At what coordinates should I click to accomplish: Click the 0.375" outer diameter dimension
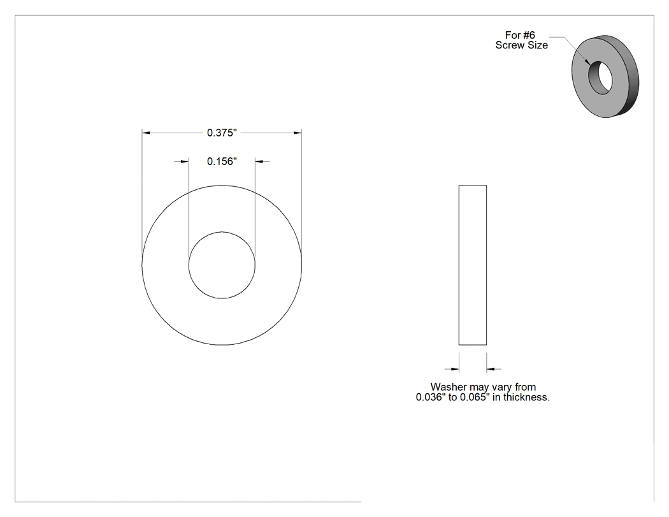[x=222, y=133]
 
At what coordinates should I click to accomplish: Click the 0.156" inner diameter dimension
[x=222, y=161]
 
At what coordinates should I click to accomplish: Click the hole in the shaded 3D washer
[x=601, y=77]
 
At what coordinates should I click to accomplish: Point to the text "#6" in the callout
[x=529, y=35]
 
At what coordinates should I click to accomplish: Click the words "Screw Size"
[x=521, y=45]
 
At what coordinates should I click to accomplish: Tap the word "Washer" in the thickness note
[x=449, y=387]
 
